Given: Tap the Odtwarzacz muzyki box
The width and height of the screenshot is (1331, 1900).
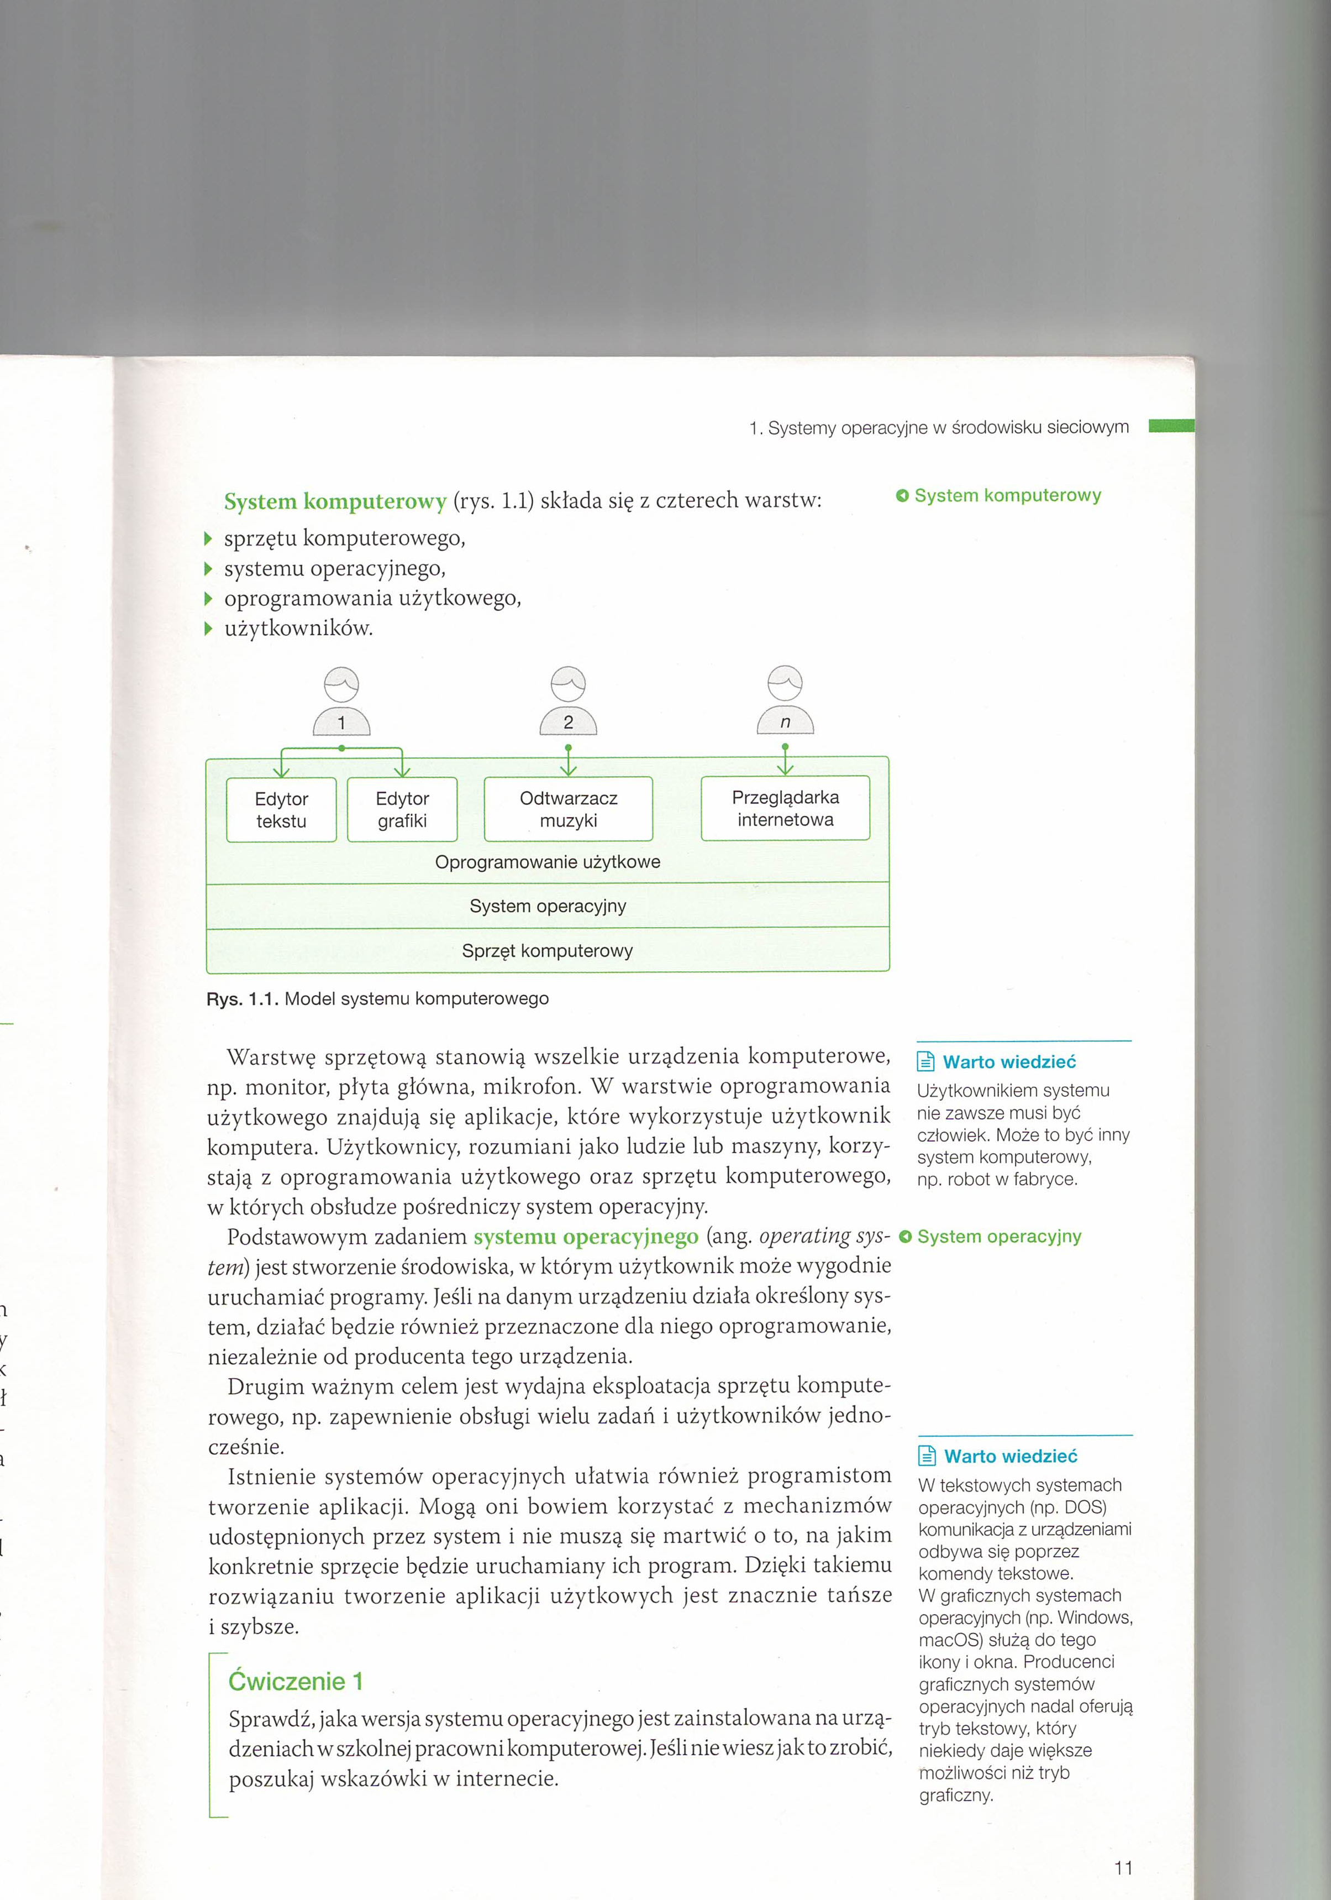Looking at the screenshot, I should (x=569, y=809).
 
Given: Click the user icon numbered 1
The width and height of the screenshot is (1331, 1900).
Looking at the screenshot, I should (x=341, y=702).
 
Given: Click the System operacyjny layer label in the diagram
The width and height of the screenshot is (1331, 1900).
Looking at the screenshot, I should (x=548, y=906).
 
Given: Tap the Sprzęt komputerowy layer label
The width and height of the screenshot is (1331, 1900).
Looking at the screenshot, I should (x=548, y=951).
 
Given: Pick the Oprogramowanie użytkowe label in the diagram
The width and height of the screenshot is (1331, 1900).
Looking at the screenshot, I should (x=548, y=861).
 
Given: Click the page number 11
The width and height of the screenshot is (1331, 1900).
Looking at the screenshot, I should (x=1123, y=1868).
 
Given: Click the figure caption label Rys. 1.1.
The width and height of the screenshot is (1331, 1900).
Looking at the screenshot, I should (x=241, y=999).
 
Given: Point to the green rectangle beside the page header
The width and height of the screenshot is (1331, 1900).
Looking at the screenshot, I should (x=1171, y=426).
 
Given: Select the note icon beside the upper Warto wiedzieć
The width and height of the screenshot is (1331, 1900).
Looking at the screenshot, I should (x=927, y=1062).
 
